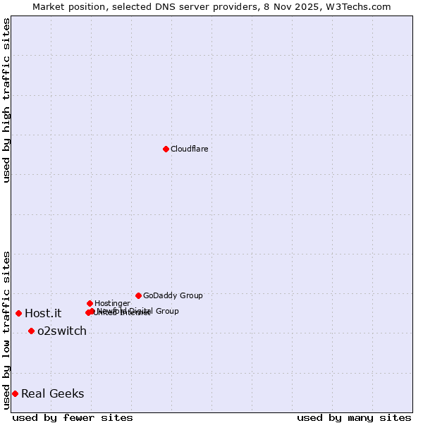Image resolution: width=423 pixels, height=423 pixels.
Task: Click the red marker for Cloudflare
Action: pos(166,149)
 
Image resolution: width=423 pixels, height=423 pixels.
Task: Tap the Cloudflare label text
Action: pos(189,149)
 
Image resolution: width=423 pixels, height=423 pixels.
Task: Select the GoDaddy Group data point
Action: pos(138,295)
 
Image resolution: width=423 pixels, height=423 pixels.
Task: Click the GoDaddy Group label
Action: pos(173,295)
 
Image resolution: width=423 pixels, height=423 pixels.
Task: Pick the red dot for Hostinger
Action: pos(90,303)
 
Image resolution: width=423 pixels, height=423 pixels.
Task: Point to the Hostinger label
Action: pos(112,303)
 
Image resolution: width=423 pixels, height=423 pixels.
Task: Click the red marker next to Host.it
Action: pos(18,313)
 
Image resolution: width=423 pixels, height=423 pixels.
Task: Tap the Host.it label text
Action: pos(43,314)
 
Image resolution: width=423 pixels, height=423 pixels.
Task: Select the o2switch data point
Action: pos(31,331)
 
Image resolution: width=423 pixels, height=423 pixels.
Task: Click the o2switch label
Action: pos(62,331)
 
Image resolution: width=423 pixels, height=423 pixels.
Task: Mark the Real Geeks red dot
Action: pos(15,393)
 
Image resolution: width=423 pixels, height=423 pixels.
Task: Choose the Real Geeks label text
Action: pos(53,394)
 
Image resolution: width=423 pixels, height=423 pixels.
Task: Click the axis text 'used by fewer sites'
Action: pos(73,417)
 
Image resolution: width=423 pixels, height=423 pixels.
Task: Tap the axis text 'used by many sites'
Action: pos(354,417)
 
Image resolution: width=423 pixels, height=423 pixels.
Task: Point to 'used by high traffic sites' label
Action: pos(7,101)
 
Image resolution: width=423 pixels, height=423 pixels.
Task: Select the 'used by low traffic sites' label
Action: pos(7,330)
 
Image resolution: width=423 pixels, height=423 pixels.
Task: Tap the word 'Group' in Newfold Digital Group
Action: pos(166,311)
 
